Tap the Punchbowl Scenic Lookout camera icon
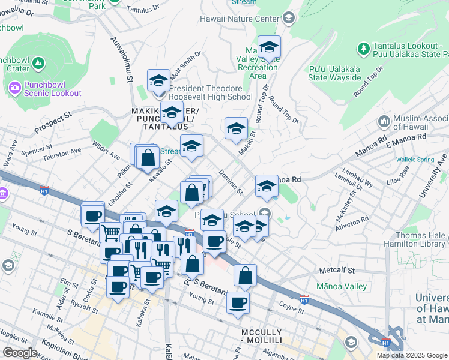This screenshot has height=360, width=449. point(14,88)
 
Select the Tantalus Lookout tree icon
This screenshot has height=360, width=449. point(363,47)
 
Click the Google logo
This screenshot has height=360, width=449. point(20,353)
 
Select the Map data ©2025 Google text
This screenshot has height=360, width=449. point(412,355)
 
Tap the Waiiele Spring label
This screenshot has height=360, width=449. point(415,160)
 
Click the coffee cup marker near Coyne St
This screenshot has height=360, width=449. point(238,302)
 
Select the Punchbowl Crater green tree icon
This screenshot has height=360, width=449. point(38,62)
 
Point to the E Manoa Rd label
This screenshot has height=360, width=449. point(406,140)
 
